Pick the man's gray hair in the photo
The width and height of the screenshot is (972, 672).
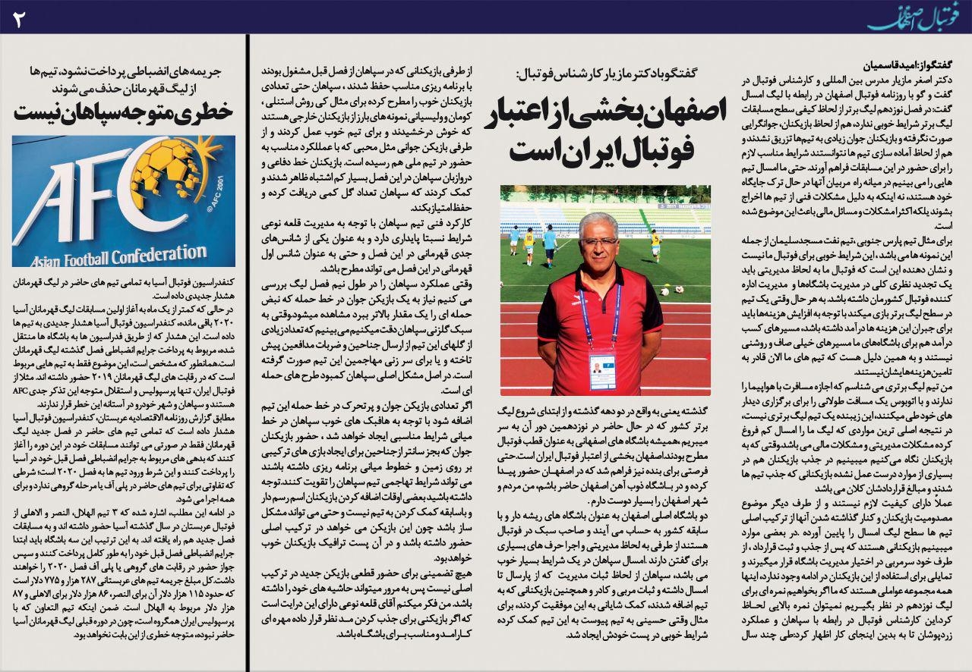pyautogui.click(x=598, y=220)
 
